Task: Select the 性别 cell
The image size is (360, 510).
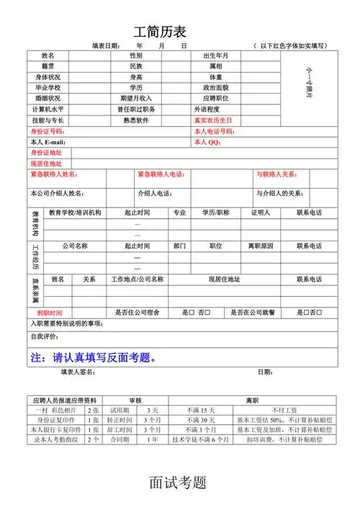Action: coord(135,55)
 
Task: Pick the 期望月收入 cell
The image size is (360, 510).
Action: coord(135,98)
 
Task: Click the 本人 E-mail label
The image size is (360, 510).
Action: coord(48,142)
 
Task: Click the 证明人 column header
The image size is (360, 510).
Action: coord(260,213)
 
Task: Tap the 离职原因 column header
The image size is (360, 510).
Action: coord(261,246)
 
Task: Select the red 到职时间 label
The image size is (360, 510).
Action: coord(50,313)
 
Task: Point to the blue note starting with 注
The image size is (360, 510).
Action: coord(94,357)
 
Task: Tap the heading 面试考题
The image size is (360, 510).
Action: coord(179,482)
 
